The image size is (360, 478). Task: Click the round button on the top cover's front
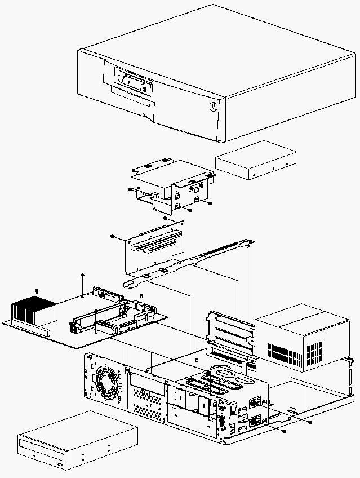tap(215, 107)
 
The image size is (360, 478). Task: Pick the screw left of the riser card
tap(113, 236)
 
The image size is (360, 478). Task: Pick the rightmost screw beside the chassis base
tap(310, 422)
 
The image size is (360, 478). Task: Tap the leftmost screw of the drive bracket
tap(130, 190)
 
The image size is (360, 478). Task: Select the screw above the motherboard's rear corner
tap(83, 275)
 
